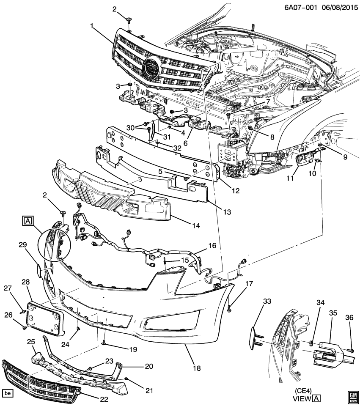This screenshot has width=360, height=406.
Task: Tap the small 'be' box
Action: pos(8,392)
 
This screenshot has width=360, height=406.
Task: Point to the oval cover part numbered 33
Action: pos(258,333)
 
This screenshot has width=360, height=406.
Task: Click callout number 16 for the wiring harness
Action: pos(212,245)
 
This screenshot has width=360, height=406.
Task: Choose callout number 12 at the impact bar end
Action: pos(235,191)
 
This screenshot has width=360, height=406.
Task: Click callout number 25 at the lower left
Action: pos(31,341)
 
